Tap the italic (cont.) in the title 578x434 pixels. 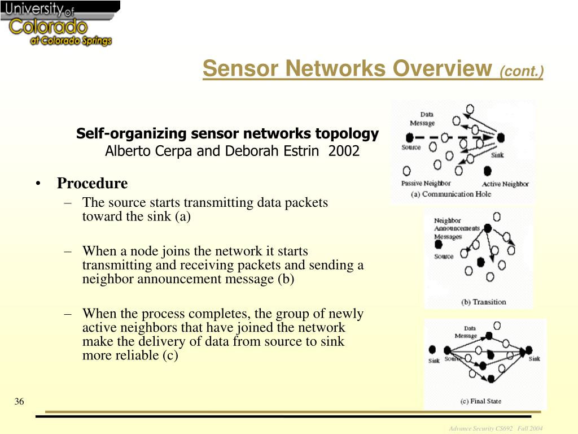pos(521,72)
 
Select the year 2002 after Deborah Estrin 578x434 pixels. pos(344,151)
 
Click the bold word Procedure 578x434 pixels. pos(92,184)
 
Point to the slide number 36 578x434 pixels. pos(19,401)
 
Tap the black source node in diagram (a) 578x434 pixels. pos(409,137)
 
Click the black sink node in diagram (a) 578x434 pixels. pos(500,137)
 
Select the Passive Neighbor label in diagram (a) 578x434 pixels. pos(426,183)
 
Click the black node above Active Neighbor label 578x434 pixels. pos(487,170)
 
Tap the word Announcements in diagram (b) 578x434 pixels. pos(457,228)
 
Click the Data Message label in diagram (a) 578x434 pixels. pos(422,119)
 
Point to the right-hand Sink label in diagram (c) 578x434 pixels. pos(534,359)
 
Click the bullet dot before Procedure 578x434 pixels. pos(38,184)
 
